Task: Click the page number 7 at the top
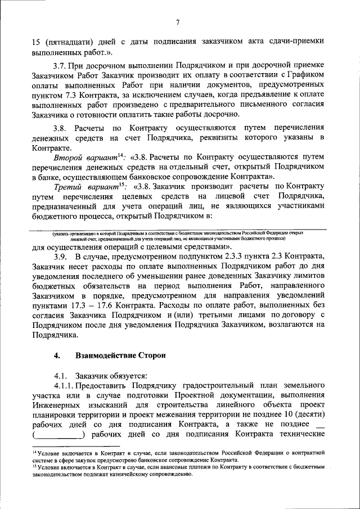[x=177, y=22]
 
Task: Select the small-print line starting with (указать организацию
[x=178, y=233]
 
